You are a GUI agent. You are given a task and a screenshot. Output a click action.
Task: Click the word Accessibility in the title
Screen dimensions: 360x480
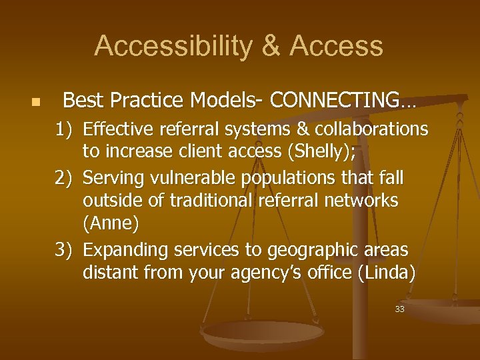coord(172,46)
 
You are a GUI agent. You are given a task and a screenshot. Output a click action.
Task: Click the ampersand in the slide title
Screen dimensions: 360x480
coord(273,46)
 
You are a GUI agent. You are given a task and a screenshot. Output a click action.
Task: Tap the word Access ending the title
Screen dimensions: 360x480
coord(337,46)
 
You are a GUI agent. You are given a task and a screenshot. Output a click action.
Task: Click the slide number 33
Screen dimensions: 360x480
coord(399,309)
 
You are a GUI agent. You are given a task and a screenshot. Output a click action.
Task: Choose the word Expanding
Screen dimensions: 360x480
coord(125,250)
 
